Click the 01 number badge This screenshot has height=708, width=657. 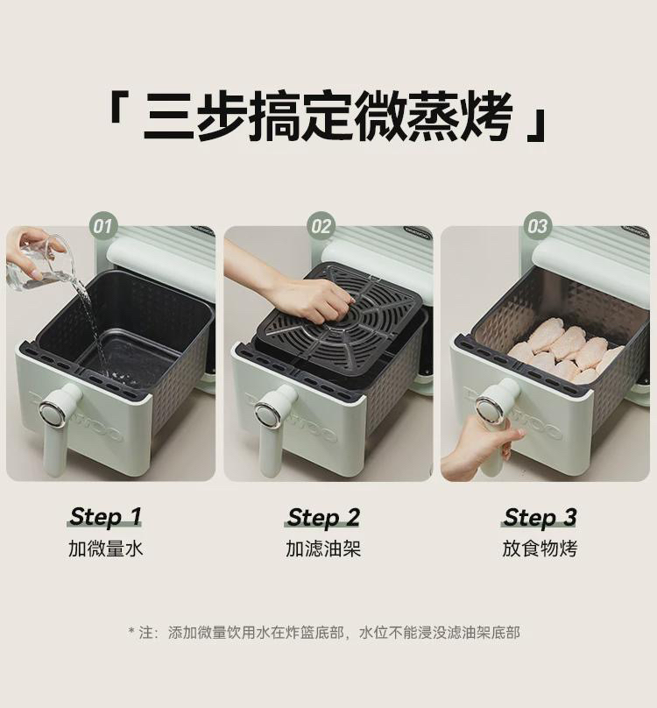coord(103,226)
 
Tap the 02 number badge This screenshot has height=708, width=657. coord(321,226)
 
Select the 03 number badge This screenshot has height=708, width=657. coord(537,226)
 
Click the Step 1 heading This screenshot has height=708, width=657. coord(105,517)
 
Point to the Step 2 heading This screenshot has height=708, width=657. coord(323,517)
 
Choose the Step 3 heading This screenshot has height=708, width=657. coord(540,517)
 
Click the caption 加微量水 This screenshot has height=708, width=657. coord(106,549)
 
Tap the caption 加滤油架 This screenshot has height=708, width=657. coord(323,549)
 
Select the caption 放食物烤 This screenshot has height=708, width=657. coord(540,549)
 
